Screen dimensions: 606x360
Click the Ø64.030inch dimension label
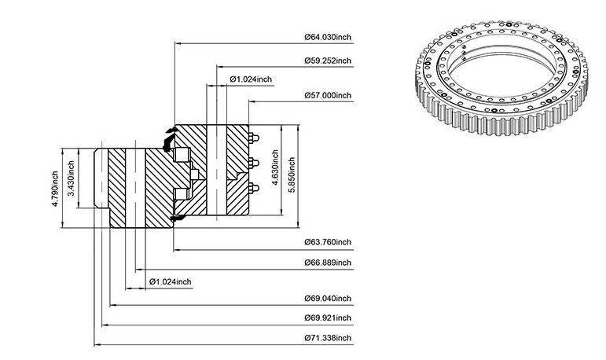(328, 37)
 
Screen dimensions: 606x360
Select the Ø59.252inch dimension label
(328, 61)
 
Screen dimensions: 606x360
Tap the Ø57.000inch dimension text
(328, 95)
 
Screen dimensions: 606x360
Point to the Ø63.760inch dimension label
(328, 242)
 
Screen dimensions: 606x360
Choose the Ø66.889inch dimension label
(328, 263)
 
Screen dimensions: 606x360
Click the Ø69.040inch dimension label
(328, 299)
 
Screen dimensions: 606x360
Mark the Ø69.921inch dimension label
(328, 318)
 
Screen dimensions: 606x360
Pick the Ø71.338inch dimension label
(328, 338)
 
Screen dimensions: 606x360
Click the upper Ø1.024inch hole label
(251, 79)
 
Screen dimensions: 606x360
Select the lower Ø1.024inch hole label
(170, 282)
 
